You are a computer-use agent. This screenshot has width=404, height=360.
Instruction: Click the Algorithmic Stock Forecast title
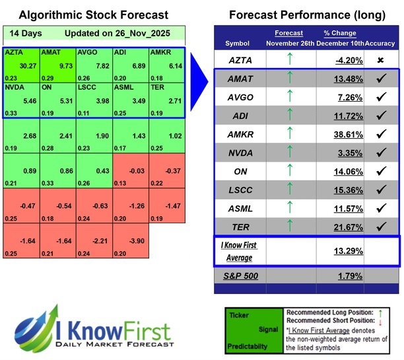tap(92, 15)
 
